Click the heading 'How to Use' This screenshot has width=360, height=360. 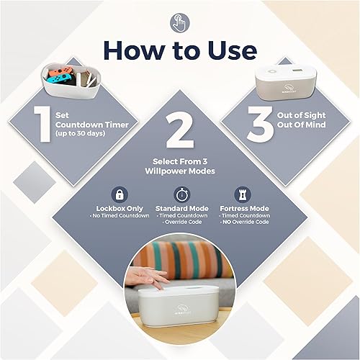179,50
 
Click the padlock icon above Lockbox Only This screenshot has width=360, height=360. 119,194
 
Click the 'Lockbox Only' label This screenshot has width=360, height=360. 119,207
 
